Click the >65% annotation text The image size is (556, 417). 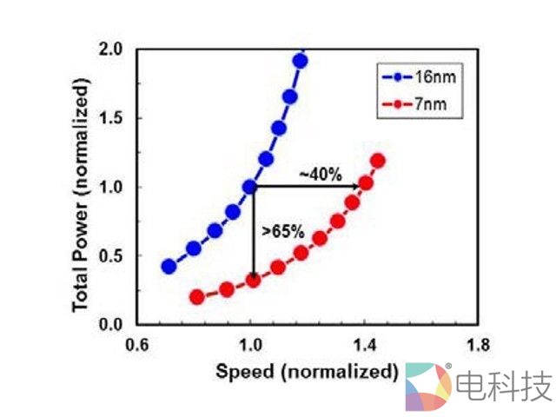tap(282, 231)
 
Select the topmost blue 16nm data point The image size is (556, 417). tap(300, 61)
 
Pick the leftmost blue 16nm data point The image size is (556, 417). tap(169, 266)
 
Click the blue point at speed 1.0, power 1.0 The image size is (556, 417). tap(251, 186)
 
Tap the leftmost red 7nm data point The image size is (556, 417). tap(196, 296)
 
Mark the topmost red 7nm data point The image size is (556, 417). tap(378, 161)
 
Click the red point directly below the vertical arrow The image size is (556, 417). tap(253, 280)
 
